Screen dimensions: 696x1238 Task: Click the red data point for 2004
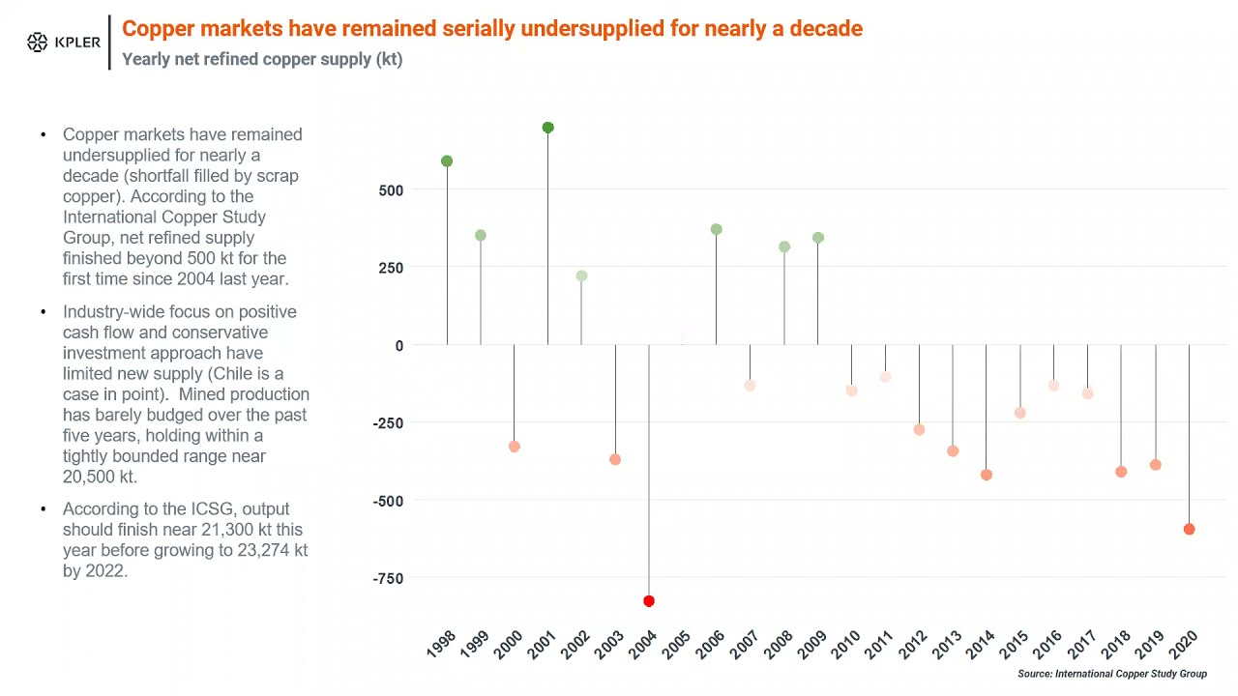tap(649, 601)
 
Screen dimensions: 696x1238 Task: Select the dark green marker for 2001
tap(548, 128)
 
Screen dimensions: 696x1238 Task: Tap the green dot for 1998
tap(447, 161)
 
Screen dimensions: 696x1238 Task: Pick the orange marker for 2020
tap(1189, 529)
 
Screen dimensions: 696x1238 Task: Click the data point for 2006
tap(717, 230)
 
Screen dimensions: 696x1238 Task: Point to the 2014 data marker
tap(987, 475)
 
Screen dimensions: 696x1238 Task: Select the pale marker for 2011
tap(885, 377)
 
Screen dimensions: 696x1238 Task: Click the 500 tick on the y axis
tap(391, 190)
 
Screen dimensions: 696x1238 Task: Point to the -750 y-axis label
tap(387, 579)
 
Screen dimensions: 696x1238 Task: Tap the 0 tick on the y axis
tap(398, 345)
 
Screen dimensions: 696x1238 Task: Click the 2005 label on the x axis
tap(676, 644)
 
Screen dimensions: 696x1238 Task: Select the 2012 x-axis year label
tap(912, 644)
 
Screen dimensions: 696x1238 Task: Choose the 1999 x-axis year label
tap(474, 644)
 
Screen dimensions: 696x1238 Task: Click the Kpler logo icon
tap(37, 43)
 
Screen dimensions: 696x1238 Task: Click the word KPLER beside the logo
tap(77, 43)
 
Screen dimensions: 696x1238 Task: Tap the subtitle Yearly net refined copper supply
tap(261, 59)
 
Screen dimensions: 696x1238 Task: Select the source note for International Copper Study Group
tap(1111, 674)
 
